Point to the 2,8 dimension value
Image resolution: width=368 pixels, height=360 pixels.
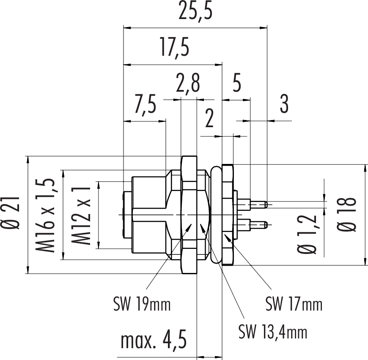189,84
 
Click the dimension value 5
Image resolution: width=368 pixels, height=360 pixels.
237,84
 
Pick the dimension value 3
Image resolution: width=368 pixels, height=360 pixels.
284,104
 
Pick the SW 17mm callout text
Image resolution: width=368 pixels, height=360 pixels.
294,304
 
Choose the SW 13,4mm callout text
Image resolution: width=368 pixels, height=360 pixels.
273,332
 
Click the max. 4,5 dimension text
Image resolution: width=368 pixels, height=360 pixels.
154,340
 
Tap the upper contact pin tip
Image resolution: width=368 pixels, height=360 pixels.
265,204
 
